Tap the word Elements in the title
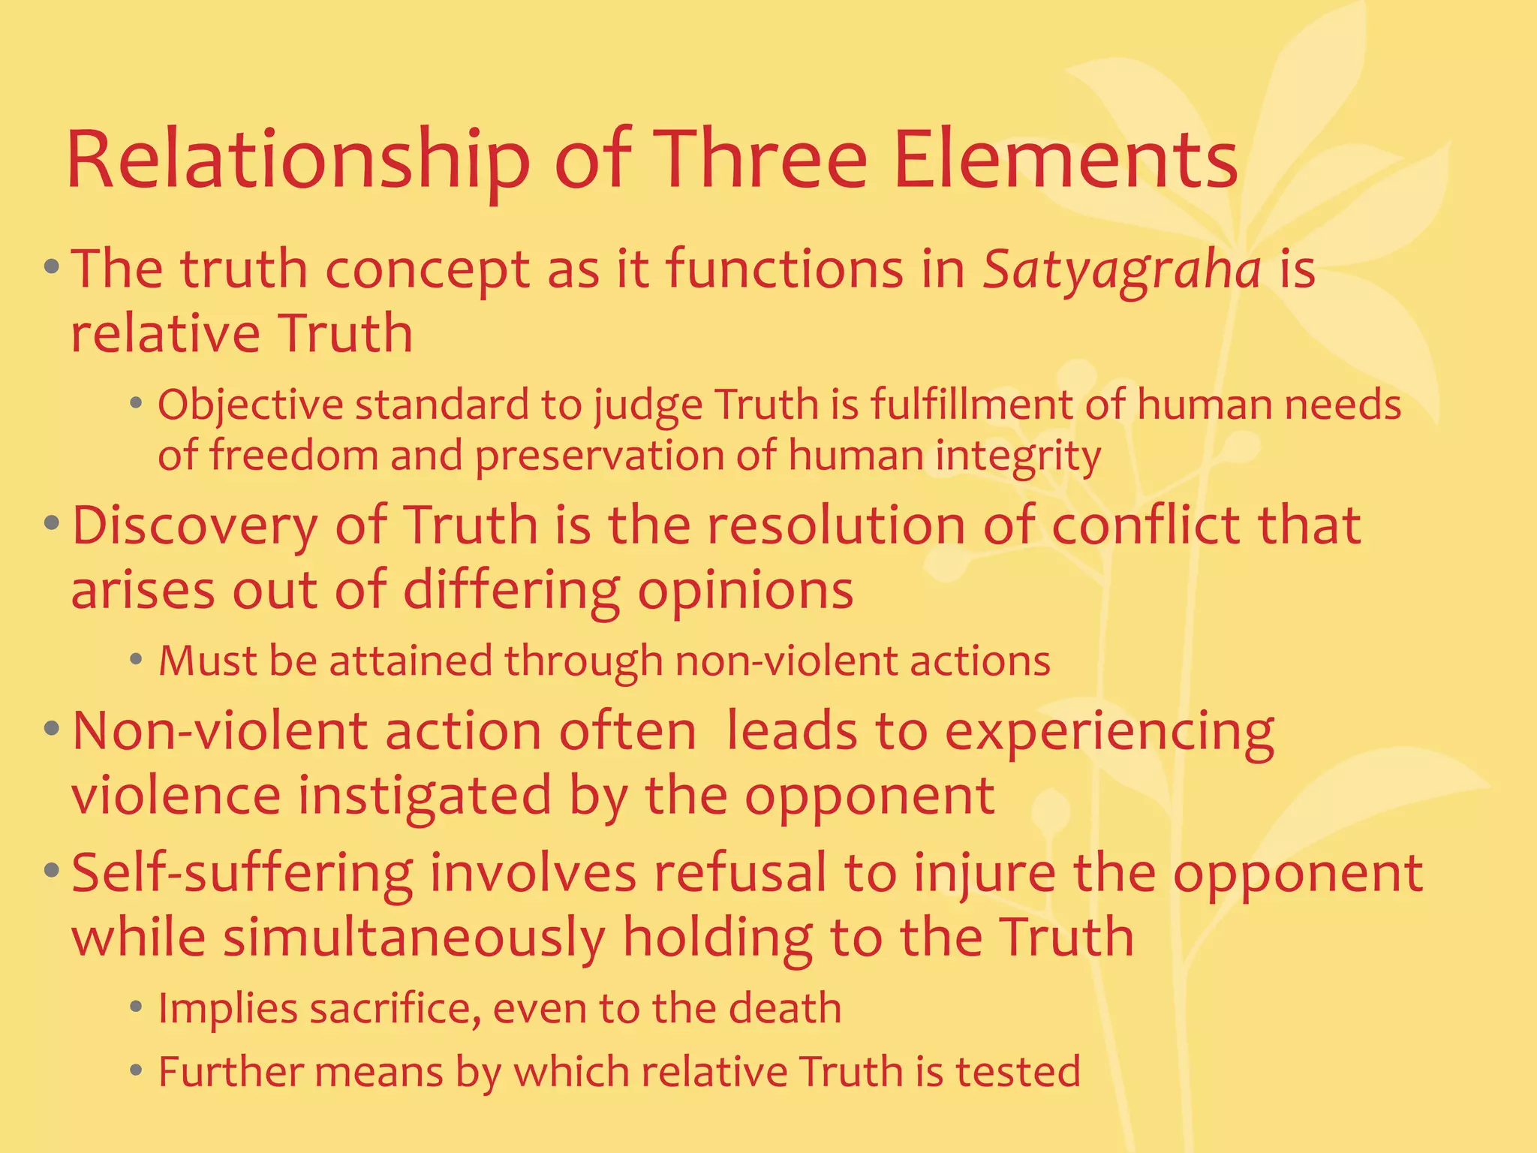1065,161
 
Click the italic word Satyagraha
1122,270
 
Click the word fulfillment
972,405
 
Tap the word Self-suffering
242,875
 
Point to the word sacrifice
395,1009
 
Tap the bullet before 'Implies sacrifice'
135,1008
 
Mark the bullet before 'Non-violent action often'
51,728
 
